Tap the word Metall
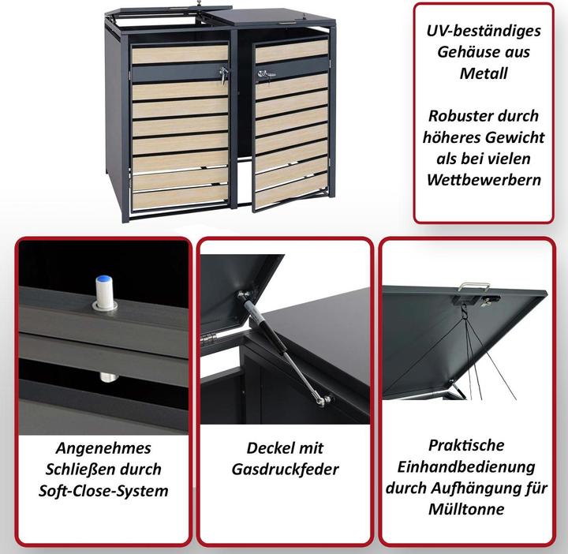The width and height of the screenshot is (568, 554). (485, 73)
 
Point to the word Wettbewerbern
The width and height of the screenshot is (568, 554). (484, 179)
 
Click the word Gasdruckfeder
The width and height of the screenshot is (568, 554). (285, 470)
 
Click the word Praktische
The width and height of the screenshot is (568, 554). (467, 445)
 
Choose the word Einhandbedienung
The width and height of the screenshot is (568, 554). (467, 466)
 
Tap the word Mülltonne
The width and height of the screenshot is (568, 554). (467, 509)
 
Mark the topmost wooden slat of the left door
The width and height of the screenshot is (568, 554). (179, 54)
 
